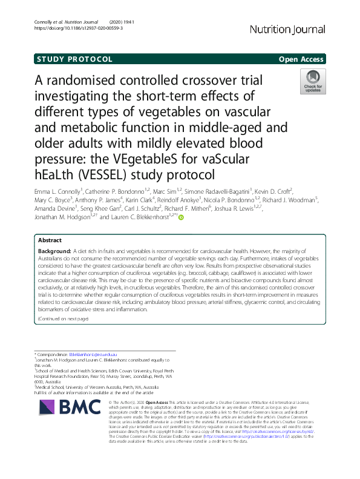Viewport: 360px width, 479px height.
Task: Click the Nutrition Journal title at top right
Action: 287,30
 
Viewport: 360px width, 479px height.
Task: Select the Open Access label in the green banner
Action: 301,59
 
